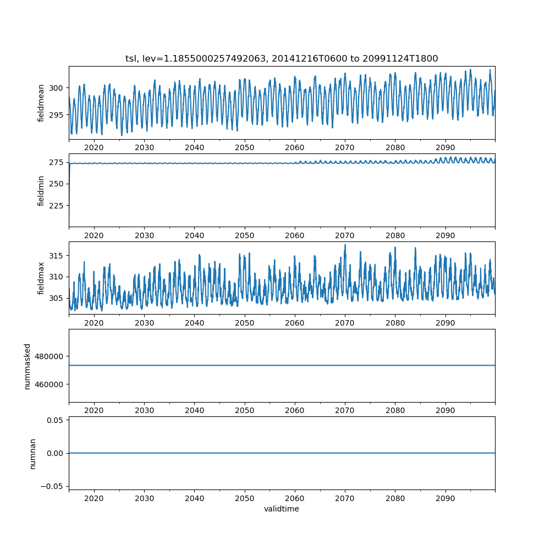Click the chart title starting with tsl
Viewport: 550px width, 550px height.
[x=282, y=59]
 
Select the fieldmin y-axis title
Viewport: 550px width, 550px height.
[x=41, y=190]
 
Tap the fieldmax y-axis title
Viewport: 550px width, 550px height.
[x=41, y=278]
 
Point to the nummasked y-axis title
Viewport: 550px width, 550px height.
[x=28, y=366]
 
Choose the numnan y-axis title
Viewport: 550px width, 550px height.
[x=33, y=453]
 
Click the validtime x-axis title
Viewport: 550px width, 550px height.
[x=282, y=509]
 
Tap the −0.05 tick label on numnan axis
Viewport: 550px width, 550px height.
[x=53, y=486]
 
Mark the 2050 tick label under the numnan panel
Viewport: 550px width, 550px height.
[x=245, y=499]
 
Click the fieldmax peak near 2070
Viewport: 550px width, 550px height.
[x=345, y=245]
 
